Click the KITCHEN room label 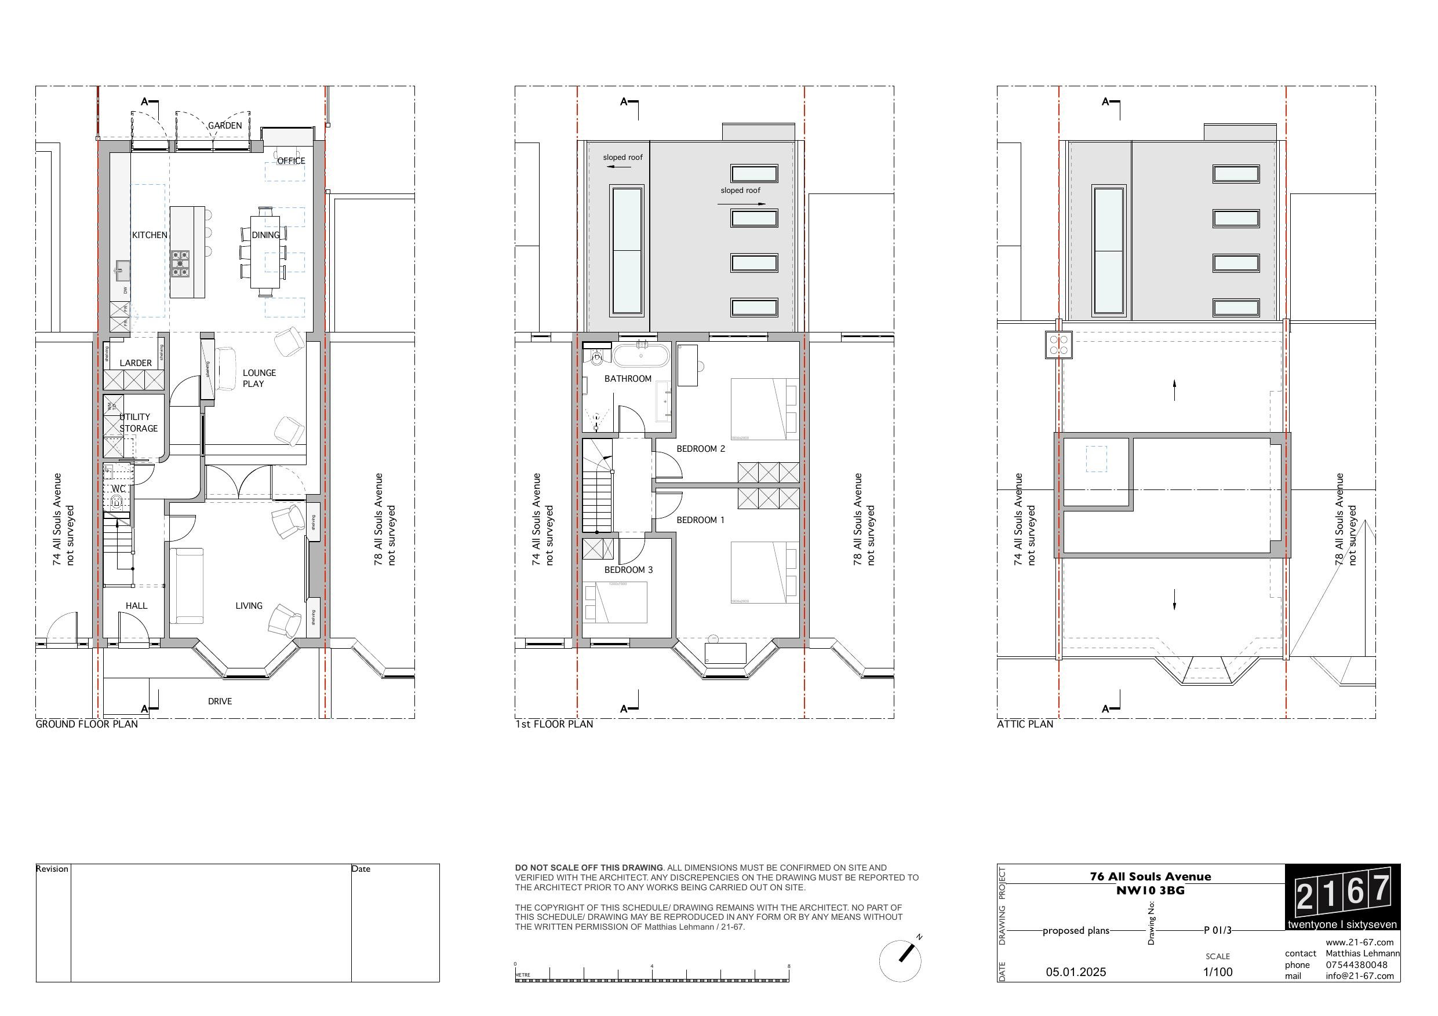tap(150, 235)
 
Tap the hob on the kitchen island tap(180, 264)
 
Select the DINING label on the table tap(265, 235)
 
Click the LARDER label tap(135, 363)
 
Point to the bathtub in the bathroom tap(640, 356)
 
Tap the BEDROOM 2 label tap(700, 449)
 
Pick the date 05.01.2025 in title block tap(1076, 972)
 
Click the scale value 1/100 tap(1218, 972)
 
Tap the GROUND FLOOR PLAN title tap(86, 724)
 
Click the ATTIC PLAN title tap(1025, 724)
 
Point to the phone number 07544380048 tap(1356, 964)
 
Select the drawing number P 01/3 tap(1218, 930)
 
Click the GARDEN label tap(225, 126)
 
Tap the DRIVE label tap(220, 701)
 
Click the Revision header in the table tap(52, 869)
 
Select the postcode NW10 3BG tap(1150, 890)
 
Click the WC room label tap(118, 489)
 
